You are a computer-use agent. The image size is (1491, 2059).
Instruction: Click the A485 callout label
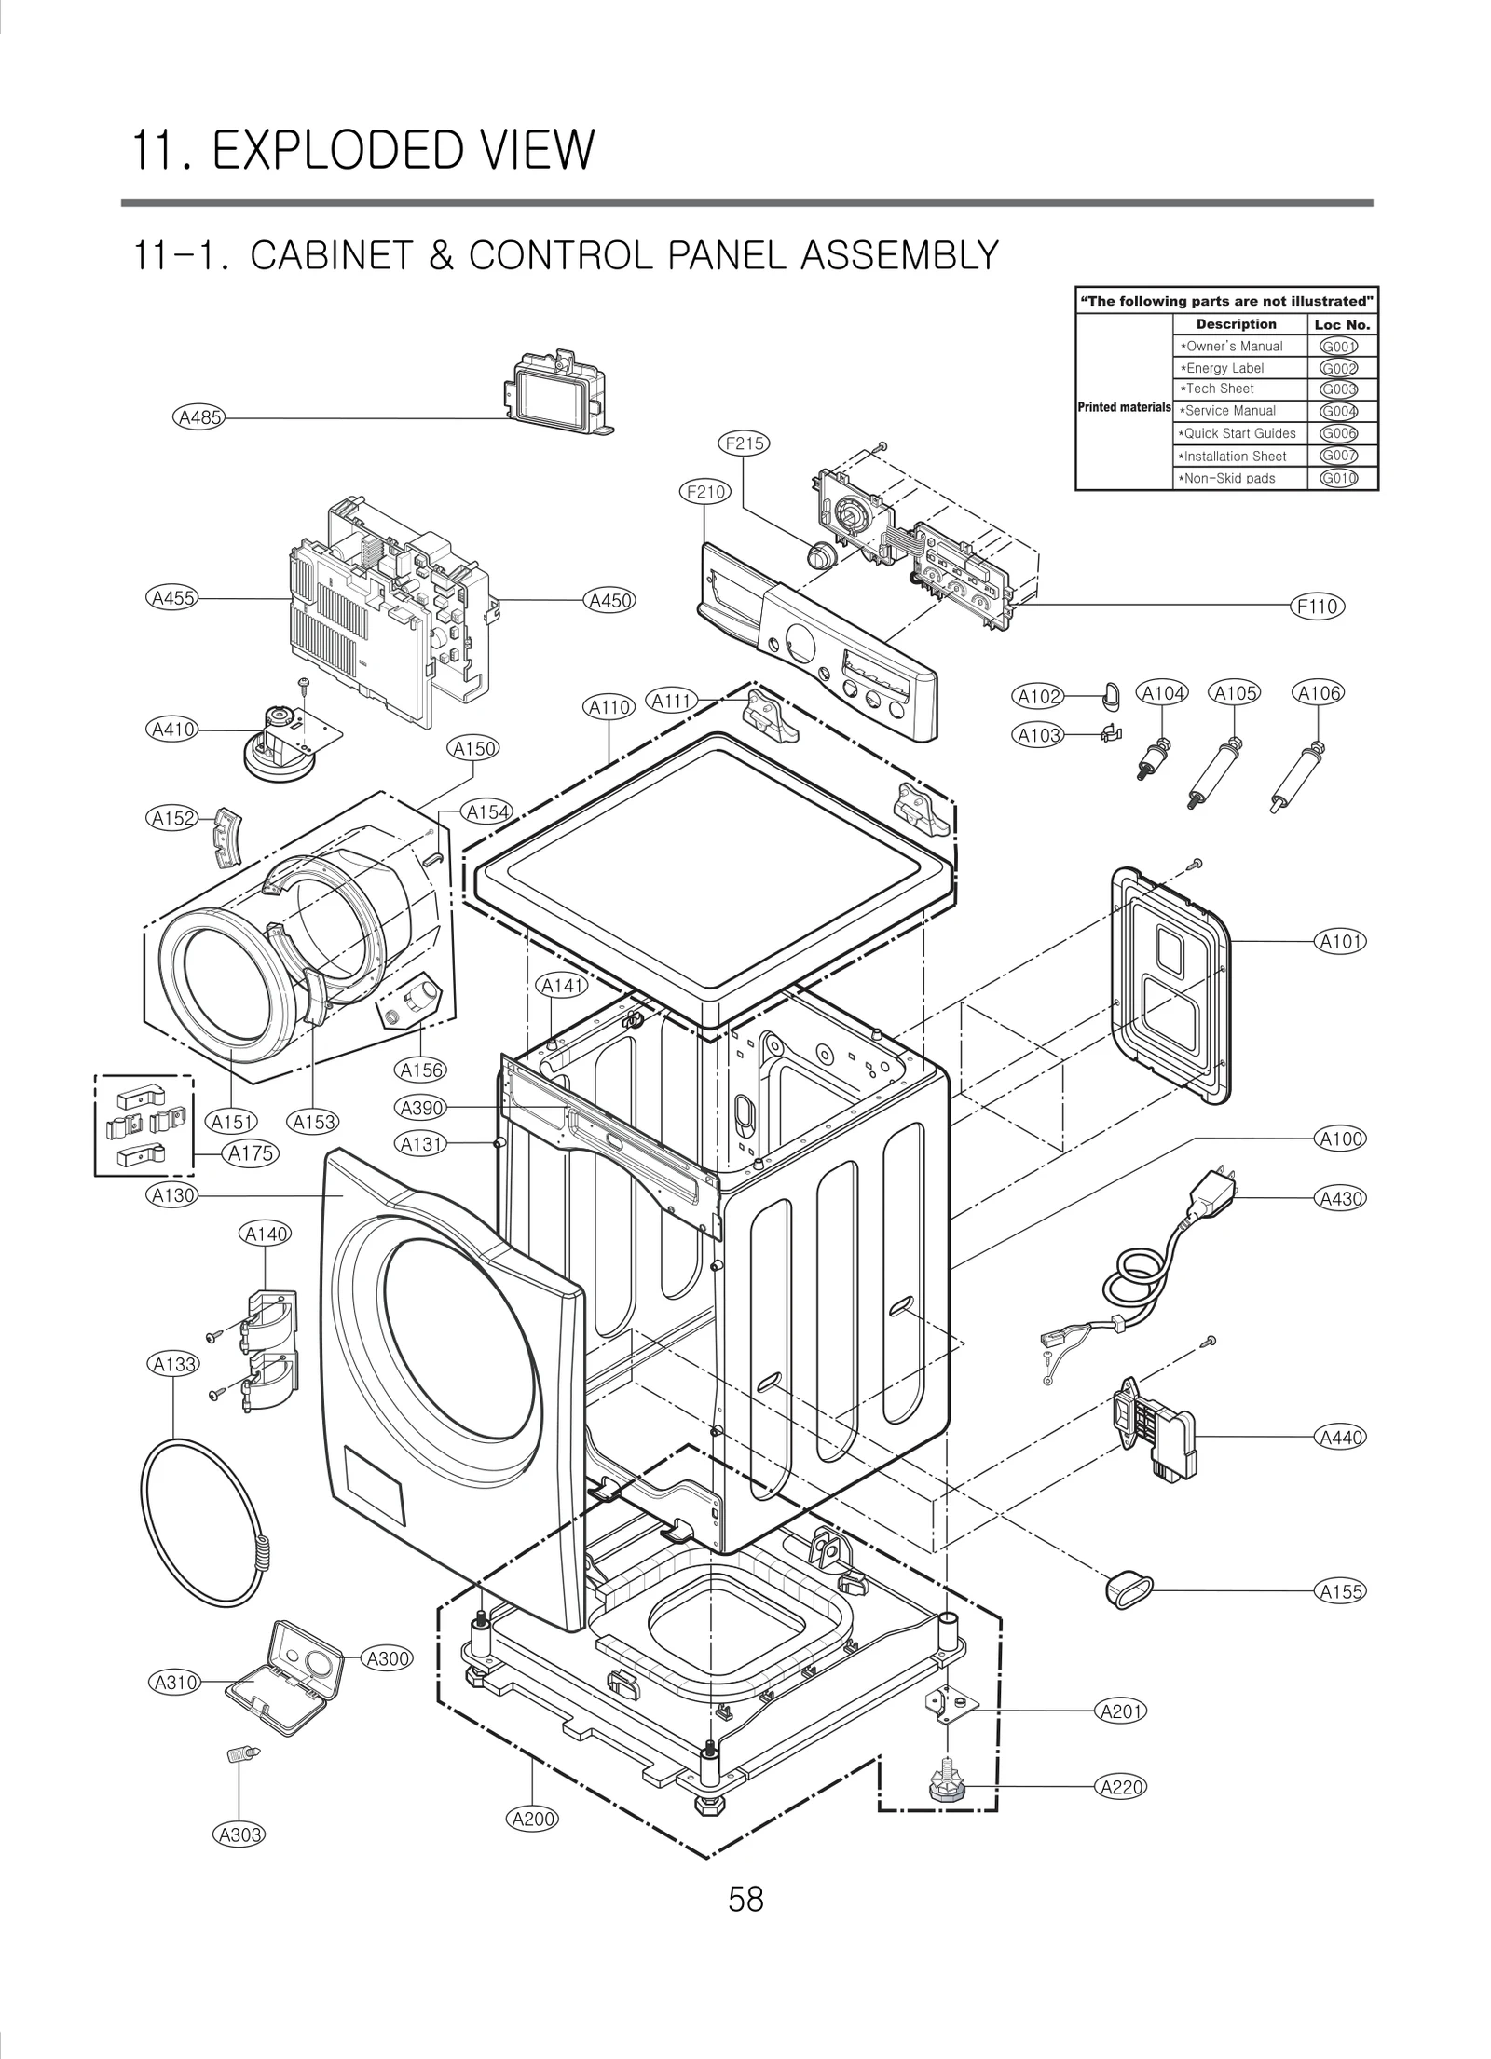199,417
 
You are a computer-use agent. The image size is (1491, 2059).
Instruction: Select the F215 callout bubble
745,443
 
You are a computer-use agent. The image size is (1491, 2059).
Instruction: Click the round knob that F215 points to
820,556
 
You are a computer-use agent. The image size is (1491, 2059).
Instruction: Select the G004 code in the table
1338,411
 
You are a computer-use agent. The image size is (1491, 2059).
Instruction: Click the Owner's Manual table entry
1233,347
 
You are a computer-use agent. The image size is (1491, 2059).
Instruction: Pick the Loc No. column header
1342,325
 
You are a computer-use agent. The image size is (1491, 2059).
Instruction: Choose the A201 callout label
1122,1711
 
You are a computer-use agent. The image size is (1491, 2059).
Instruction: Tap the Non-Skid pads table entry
1229,479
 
